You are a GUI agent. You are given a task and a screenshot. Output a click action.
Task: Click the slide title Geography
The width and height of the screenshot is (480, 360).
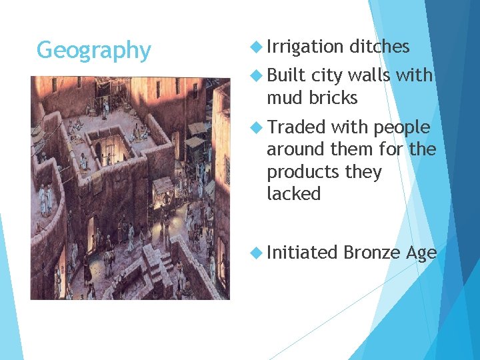[x=94, y=50]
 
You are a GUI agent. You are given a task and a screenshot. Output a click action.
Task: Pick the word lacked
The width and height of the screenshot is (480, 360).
[x=294, y=194]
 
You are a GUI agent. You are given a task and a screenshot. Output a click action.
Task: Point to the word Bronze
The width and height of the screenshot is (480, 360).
[x=370, y=252]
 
